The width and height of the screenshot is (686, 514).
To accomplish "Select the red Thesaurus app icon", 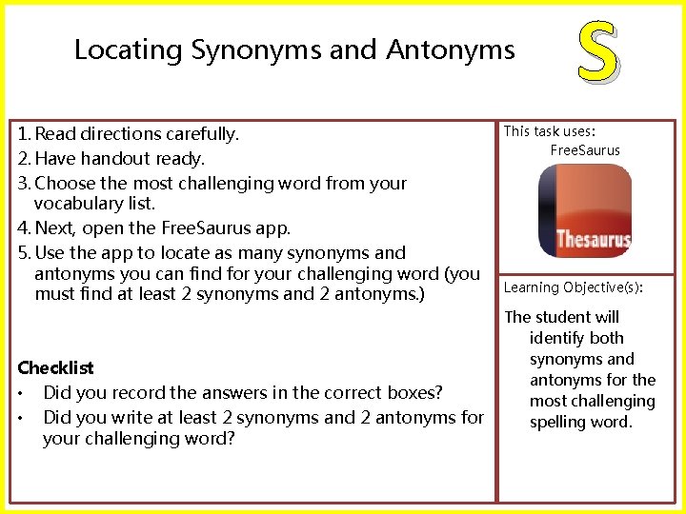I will (584, 211).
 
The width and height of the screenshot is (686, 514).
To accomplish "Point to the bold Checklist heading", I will (55, 367).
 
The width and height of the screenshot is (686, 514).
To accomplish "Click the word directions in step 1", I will (122, 134).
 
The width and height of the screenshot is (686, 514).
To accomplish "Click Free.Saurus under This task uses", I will (585, 150).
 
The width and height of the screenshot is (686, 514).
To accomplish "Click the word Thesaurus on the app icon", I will (593, 239).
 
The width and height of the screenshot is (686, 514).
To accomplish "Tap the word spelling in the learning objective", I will (562, 422).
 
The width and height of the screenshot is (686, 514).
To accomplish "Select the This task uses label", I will (555, 131).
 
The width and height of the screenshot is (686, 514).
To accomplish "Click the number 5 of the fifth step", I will (22, 253).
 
